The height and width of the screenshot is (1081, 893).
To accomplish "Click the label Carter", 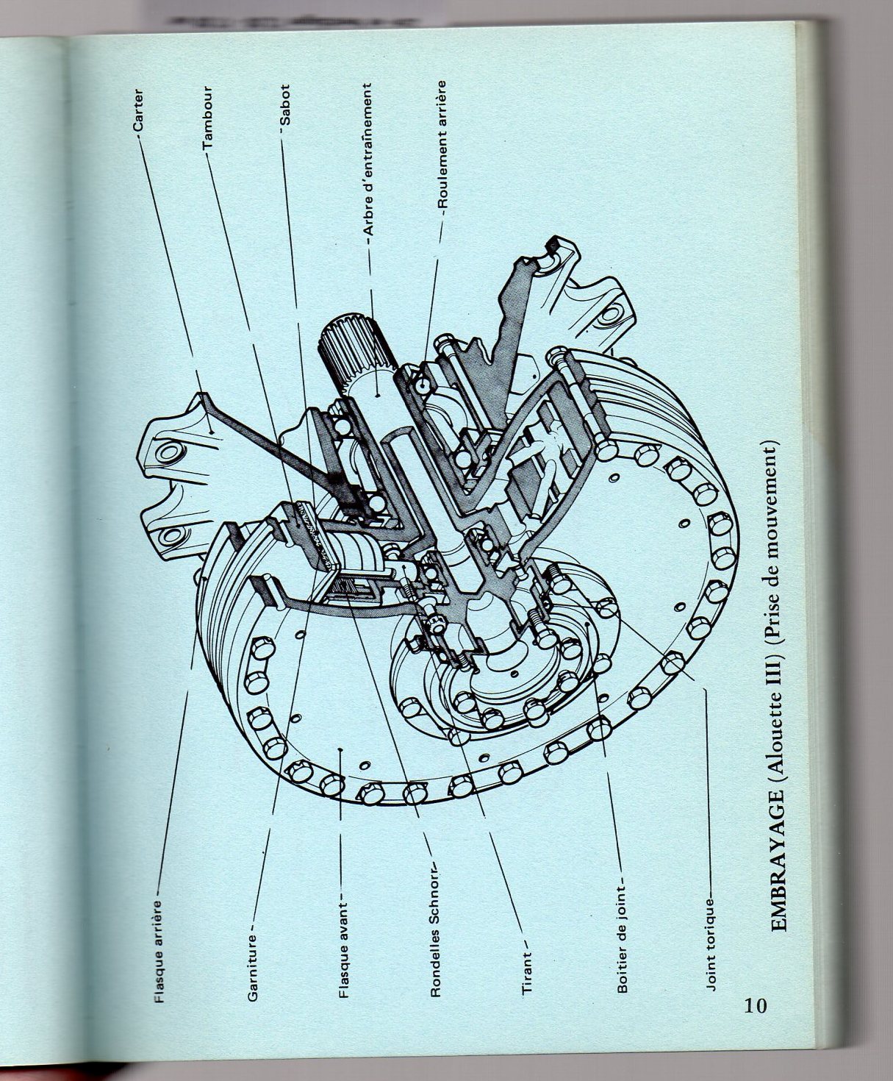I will tap(139, 110).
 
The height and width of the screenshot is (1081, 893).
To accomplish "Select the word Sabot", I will tap(286, 107).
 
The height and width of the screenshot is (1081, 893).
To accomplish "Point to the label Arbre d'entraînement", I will tap(370, 159).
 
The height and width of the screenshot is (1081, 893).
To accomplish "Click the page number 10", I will tap(755, 1005).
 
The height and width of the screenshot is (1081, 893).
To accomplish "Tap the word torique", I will tap(711, 923).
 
